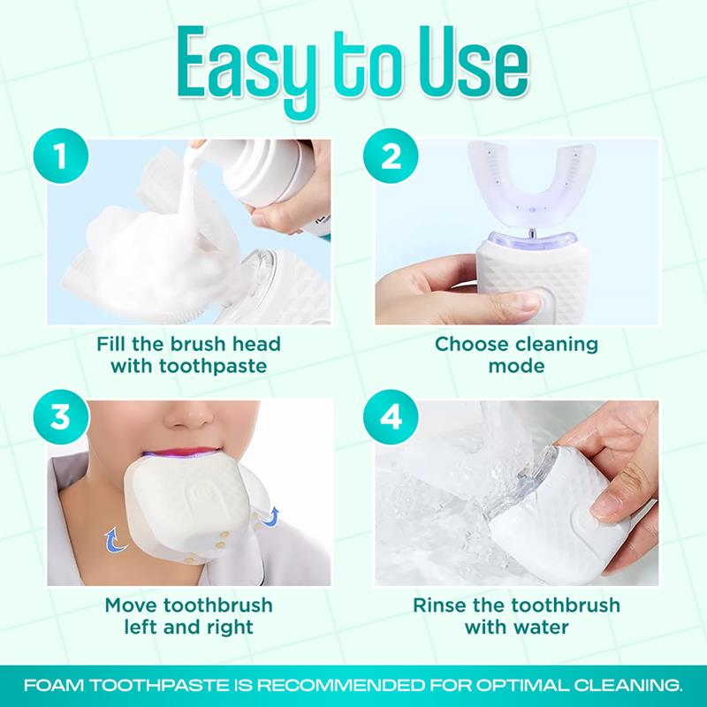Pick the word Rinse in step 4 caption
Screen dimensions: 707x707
point(445,605)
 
